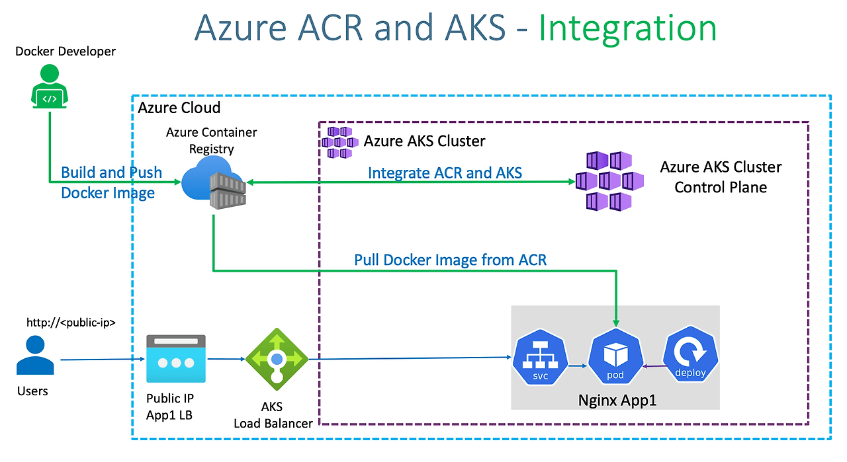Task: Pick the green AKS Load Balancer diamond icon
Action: pos(277,360)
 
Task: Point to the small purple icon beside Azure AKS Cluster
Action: pos(341,142)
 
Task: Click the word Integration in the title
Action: pos(627,28)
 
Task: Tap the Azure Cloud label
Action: pos(179,107)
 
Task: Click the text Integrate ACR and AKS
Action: pos(445,173)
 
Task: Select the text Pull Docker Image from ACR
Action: pos(451,260)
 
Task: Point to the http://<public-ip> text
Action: pos(71,323)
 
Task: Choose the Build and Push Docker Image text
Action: pos(111,182)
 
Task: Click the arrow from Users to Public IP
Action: pos(103,360)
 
